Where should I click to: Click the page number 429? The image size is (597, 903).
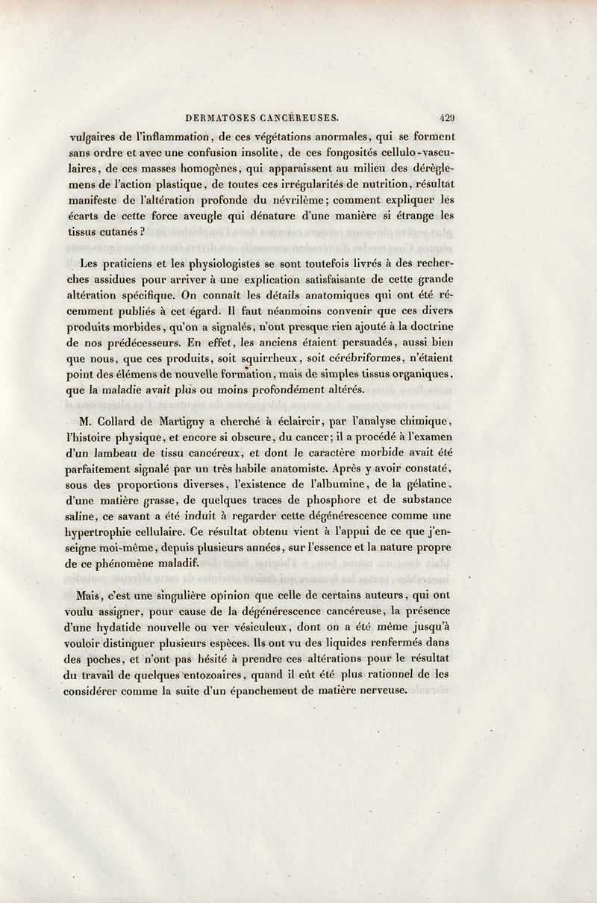pyautogui.click(x=448, y=116)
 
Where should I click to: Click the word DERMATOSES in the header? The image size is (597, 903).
pyautogui.click(x=216, y=117)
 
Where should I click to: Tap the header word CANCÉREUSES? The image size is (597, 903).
pyautogui.click(x=299, y=117)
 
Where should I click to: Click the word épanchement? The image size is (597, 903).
pyautogui.click(x=281, y=691)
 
